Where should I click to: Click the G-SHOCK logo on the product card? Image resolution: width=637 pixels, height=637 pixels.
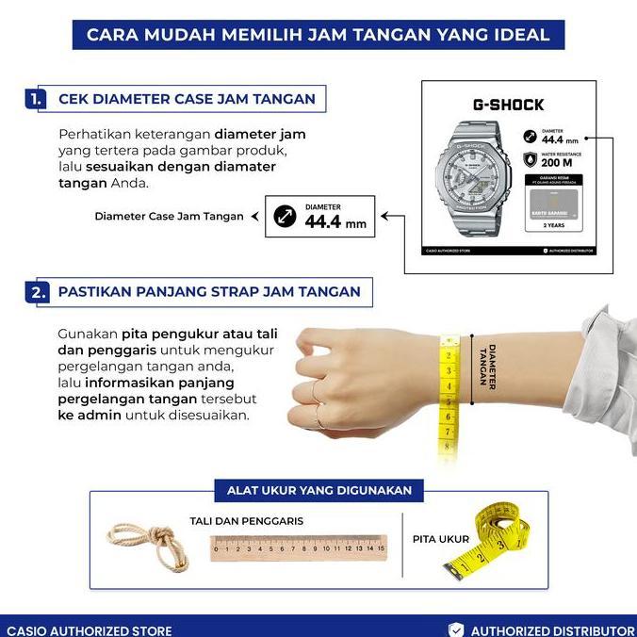point(508,105)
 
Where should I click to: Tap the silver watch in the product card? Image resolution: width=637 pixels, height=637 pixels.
point(472,172)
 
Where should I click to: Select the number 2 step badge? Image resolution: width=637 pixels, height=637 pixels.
point(37,292)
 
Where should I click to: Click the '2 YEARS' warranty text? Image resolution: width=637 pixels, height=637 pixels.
point(554,225)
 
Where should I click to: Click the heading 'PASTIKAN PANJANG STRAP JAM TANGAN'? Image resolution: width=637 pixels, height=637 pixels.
point(209,292)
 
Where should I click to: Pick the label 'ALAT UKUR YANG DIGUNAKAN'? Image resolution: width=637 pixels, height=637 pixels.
point(318,490)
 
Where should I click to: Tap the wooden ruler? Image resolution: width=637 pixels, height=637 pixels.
point(298,547)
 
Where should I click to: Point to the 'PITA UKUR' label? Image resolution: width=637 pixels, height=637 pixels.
point(440,539)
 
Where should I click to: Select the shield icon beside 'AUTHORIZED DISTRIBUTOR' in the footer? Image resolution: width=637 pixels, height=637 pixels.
point(456,629)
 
